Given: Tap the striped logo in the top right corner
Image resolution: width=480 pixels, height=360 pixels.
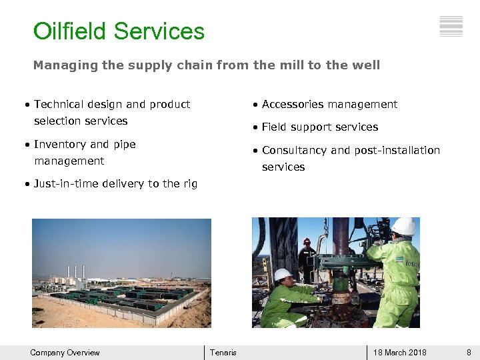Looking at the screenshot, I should (x=451, y=26).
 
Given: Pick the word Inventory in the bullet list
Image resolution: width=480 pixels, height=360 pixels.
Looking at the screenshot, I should (x=60, y=144).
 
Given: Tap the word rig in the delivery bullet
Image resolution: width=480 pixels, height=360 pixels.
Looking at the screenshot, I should (x=190, y=184).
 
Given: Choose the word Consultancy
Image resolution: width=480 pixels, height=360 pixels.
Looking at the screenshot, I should (x=295, y=150).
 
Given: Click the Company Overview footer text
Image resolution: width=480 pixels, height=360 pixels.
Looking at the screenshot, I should (x=65, y=353).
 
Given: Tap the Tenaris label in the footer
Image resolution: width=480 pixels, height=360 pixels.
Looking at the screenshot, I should (x=223, y=353).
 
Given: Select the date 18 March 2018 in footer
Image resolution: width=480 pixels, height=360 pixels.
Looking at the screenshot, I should (x=400, y=353).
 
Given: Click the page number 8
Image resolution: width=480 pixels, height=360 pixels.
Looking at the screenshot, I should (x=469, y=353).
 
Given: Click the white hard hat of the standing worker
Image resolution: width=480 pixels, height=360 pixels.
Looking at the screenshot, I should (x=403, y=227).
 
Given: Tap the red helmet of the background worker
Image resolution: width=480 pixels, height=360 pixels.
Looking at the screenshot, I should (x=307, y=241).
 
